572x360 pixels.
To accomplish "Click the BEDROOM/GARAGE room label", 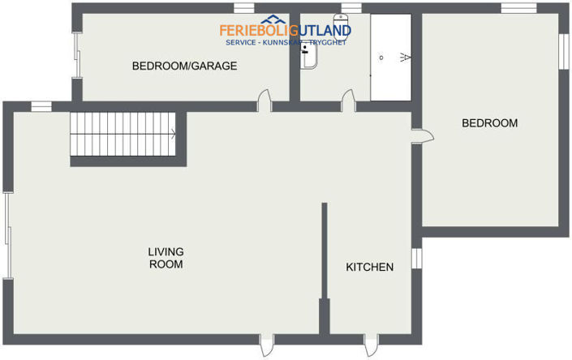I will pos(184,66).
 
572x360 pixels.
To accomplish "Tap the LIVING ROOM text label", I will pos(165,258).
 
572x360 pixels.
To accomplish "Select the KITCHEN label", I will pos(370,268).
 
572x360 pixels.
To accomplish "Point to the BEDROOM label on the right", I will pos(489,123).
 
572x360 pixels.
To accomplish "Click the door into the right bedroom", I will pos(422,136).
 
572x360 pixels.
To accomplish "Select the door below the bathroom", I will pos(348,101).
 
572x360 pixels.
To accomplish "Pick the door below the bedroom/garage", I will pos(264,101).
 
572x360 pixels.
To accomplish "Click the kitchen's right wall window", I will pos(416,258).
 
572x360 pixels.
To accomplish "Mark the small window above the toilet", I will pos(351,8).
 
